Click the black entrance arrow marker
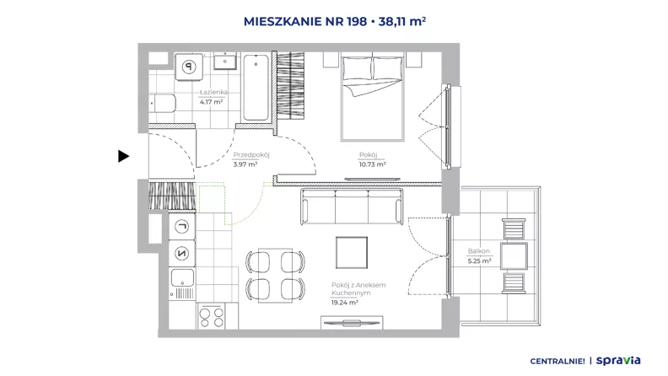tap(123, 156)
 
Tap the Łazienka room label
tap(213, 92)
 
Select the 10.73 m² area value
tap(372, 164)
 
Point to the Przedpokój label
tap(251, 155)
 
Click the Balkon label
tap(479, 251)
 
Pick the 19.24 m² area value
tap(345, 303)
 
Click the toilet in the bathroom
tap(162, 104)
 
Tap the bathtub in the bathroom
tap(256, 88)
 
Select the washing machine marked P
tap(189, 67)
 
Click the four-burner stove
tap(212, 316)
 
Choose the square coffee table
tap(352, 253)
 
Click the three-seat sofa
tap(352, 207)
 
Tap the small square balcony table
tap(514, 256)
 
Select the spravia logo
tap(618, 361)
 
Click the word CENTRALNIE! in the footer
tap(558, 362)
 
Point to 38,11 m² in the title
tap(402, 21)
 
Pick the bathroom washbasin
tap(225, 62)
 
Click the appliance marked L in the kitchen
tap(182, 226)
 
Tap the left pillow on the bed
tap(357, 68)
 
